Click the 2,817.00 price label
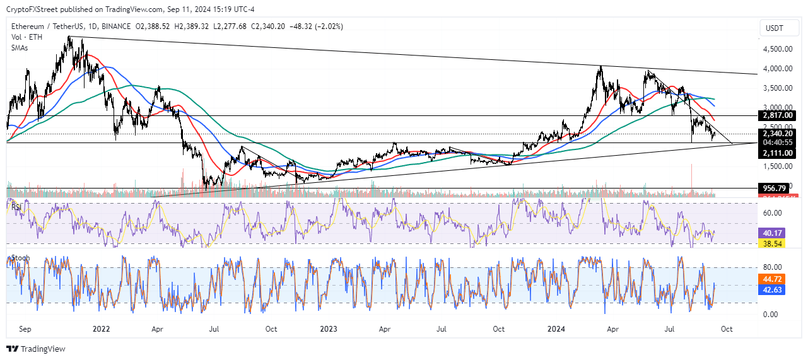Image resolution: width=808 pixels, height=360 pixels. (777, 116)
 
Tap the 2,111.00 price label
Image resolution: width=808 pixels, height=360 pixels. (777, 153)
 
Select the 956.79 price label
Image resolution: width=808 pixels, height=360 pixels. (775, 188)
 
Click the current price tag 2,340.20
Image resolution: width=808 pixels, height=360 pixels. (777, 133)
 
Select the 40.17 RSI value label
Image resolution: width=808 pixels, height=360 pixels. (773, 231)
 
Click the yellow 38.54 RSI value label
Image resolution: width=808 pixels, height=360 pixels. (773, 242)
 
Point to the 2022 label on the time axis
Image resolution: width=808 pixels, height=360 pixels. (101, 329)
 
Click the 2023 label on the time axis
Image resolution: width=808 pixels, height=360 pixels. (329, 329)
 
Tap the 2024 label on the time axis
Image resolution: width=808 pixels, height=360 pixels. (556, 329)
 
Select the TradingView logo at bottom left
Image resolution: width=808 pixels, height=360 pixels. (36, 349)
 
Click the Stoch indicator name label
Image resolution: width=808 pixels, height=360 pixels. (18, 258)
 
